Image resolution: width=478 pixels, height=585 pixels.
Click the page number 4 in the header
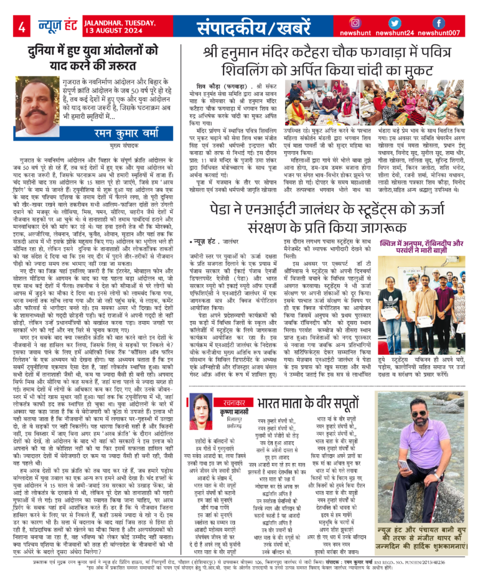pyautogui.click(x=21, y=26)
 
